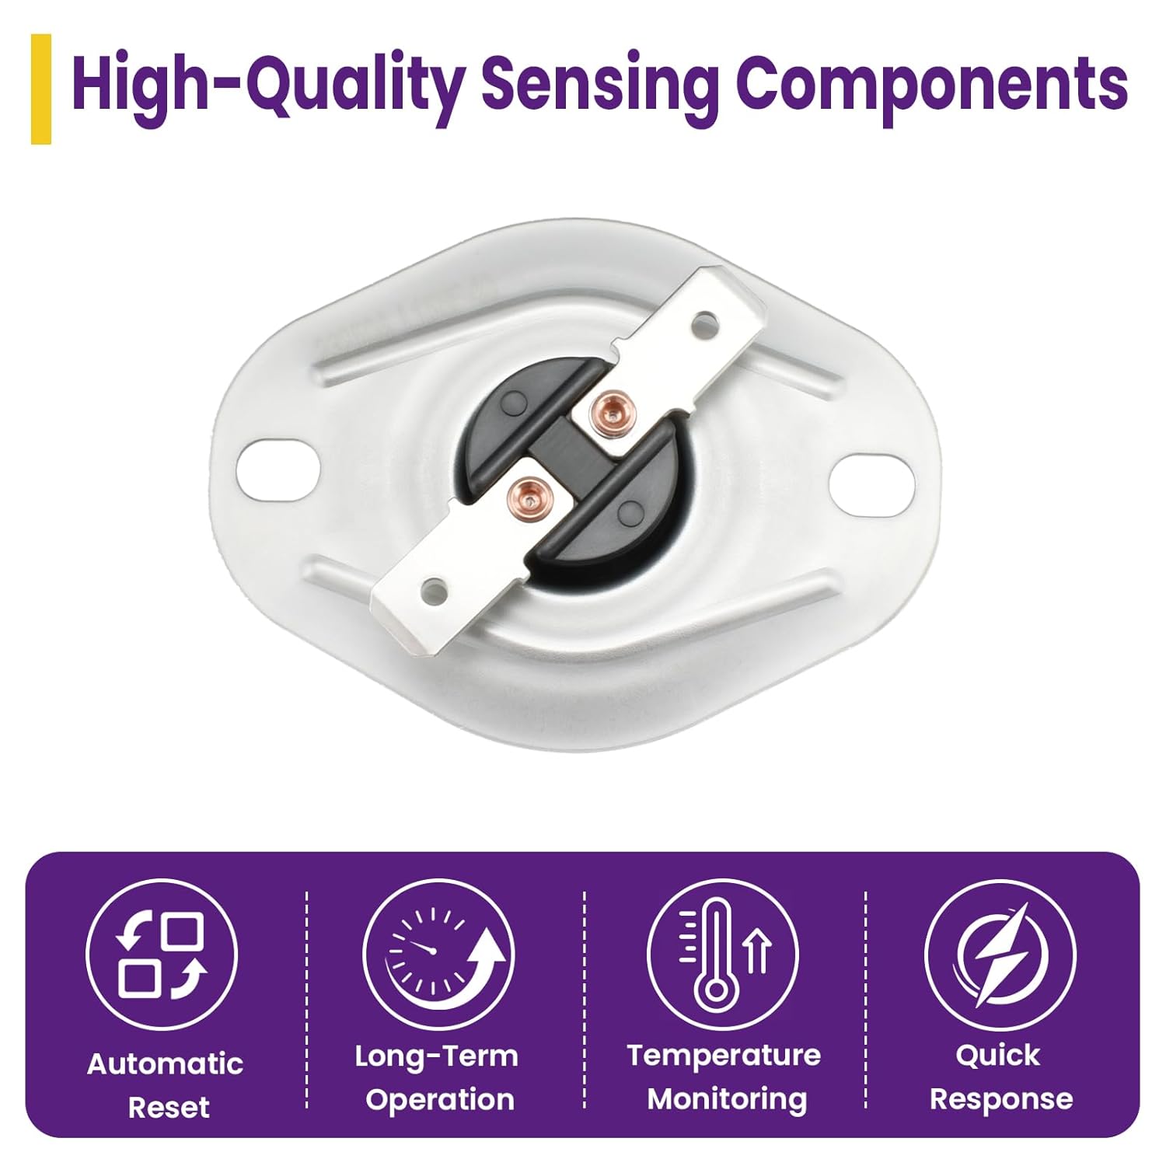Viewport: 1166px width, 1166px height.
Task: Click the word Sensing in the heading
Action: [x=600, y=87]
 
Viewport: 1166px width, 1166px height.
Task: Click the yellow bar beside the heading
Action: [x=41, y=89]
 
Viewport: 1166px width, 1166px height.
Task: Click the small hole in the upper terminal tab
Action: [x=705, y=319]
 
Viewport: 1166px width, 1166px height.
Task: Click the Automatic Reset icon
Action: [x=162, y=955]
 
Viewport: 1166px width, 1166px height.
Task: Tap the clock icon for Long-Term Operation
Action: [x=438, y=955]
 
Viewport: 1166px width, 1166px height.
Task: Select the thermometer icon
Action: [x=722, y=955]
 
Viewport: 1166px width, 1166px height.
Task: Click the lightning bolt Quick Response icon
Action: [x=1000, y=955]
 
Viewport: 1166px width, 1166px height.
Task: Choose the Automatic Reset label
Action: [x=166, y=1085]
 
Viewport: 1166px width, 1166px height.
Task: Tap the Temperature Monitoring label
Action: [x=724, y=1077]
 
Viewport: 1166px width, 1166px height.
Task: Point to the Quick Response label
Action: [x=1000, y=1077]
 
